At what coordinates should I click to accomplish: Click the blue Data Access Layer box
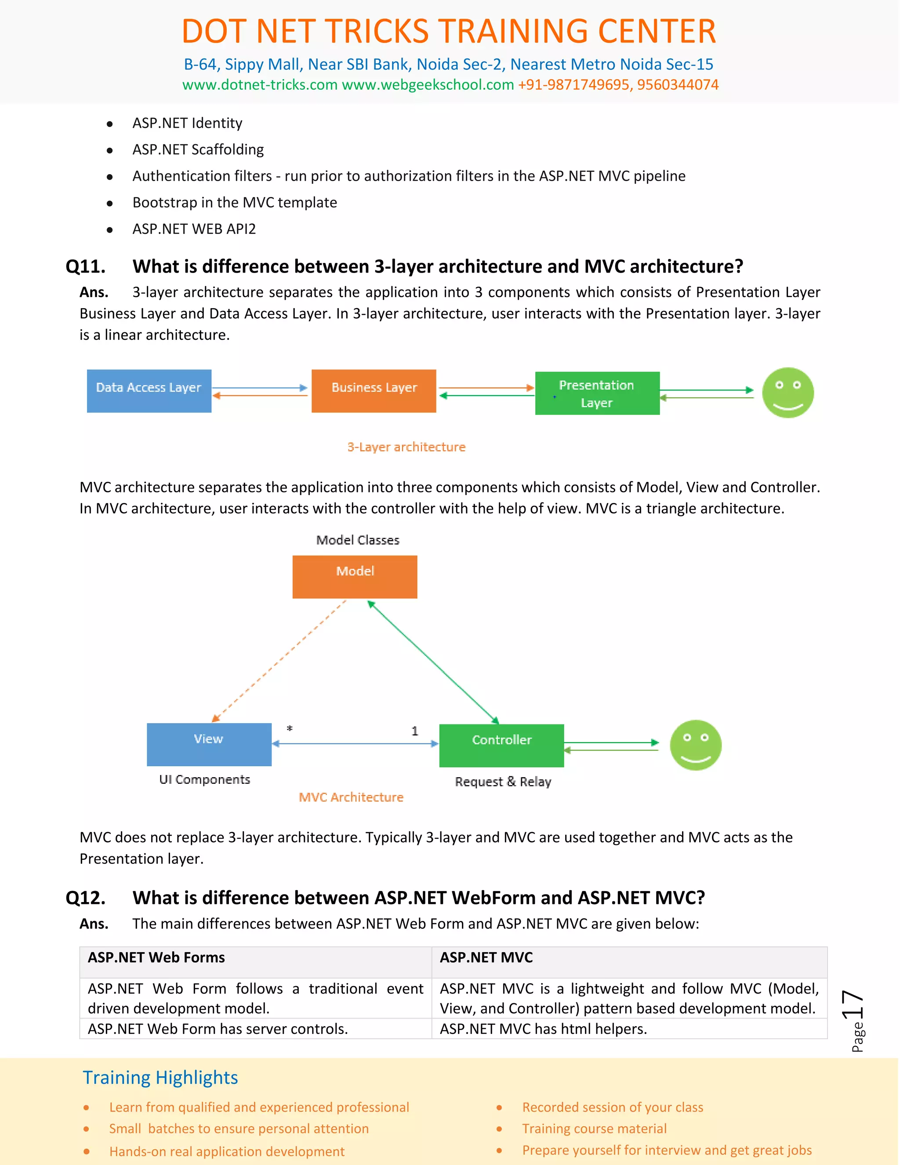149,390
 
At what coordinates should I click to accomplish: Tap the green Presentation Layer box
597,393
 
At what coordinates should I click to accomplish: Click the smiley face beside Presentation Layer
787,393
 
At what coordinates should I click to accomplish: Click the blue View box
209,744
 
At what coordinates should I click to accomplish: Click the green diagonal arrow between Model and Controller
433,662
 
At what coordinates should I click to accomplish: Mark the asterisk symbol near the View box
290,728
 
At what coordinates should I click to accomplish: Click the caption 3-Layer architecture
406,447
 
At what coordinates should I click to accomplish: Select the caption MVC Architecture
351,797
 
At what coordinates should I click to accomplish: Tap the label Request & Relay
503,782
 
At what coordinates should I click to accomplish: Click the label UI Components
204,779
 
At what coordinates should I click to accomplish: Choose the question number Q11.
85,266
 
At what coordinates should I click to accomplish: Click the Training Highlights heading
160,1077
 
